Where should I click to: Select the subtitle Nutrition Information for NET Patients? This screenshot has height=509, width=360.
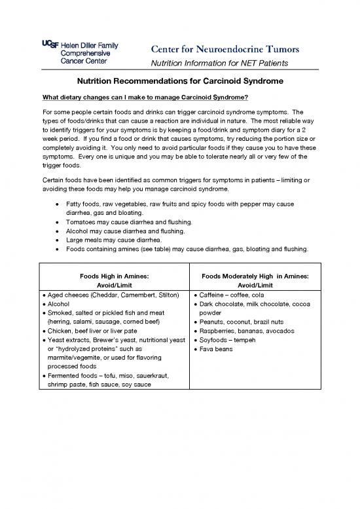(219, 63)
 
